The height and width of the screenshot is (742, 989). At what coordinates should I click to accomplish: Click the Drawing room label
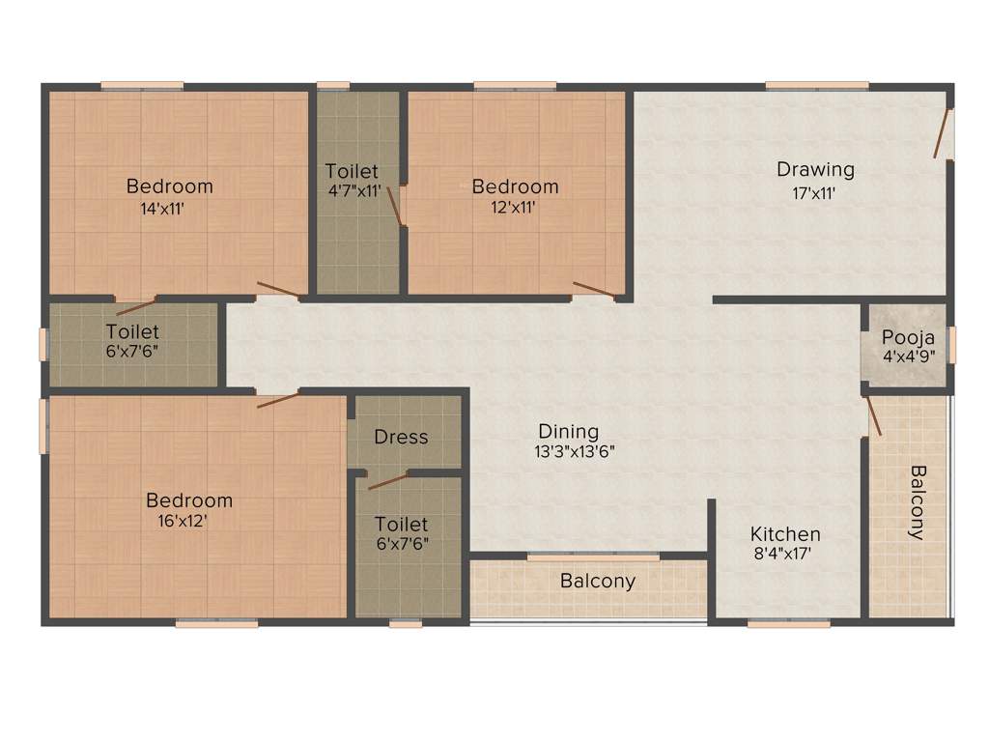tap(815, 169)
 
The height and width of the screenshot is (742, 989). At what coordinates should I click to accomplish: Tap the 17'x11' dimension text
tap(813, 193)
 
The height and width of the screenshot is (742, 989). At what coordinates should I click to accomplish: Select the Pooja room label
tap(908, 338)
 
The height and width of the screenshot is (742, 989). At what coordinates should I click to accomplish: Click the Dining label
tap(569, 431)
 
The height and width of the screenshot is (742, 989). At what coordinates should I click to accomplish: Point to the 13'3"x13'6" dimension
tap(575, 450)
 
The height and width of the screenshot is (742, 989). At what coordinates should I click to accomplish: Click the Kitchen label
tap(785, 534)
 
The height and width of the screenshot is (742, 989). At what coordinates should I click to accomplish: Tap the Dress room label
tap(401, 437)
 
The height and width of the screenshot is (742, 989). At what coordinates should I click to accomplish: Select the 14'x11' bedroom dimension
tap(161, 207)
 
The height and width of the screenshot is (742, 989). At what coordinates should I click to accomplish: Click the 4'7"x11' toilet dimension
tap(354, 191)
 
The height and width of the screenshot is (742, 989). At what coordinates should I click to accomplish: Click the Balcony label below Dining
tap(598, 581)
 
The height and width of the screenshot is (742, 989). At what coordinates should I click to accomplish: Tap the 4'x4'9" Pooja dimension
tap(908, 357)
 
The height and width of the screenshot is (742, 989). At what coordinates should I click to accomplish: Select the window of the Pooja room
tap(951, 345)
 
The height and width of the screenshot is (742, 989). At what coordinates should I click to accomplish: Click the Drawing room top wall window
tap(803, 85)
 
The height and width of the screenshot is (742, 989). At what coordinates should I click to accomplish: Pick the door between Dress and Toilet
tap(388, 481)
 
